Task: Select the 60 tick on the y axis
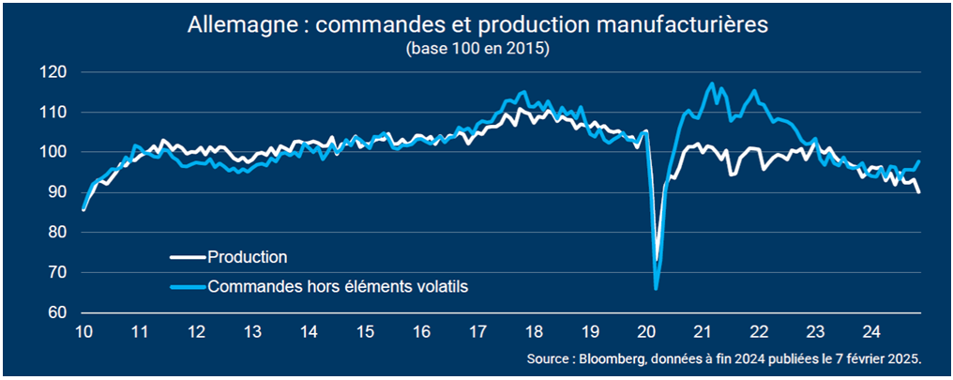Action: pos(57,312)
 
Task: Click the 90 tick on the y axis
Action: pos(57,192)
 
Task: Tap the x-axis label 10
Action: pos(83,331)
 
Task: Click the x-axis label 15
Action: pos(365,331)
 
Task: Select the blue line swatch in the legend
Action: pos(188,287)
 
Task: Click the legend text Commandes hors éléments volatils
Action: pos(337,287)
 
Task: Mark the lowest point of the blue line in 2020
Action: pos(656,288)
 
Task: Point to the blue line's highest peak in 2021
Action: pos(712,84)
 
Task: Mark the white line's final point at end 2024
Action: pos(918,192)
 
